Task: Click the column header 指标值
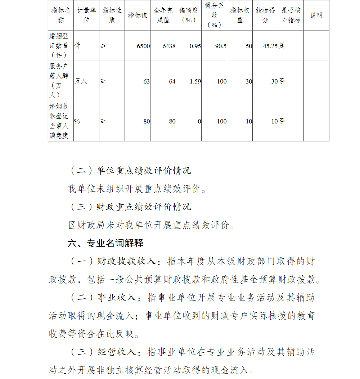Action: (x=138, y=15)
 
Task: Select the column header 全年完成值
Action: (x=163, y=15)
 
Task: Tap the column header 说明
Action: (x=316, y=15)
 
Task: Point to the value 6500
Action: (x=143, y=46)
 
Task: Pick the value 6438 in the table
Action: (x=169, y=46)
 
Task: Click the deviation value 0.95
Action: (x=195, y=46)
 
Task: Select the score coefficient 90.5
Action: (x=220, y=46)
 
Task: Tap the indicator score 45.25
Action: (x=270, y=46)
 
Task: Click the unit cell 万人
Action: (x=81, y=81)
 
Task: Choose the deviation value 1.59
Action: (x=195, y=81)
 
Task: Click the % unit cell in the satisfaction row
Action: (x=77, y=121)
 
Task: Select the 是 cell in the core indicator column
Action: (x=282, y=46)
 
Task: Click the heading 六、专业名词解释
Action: (x=105, y=243)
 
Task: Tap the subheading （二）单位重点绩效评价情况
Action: (x=130, y=170)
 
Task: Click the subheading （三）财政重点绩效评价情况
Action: (x=130, y=207)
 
